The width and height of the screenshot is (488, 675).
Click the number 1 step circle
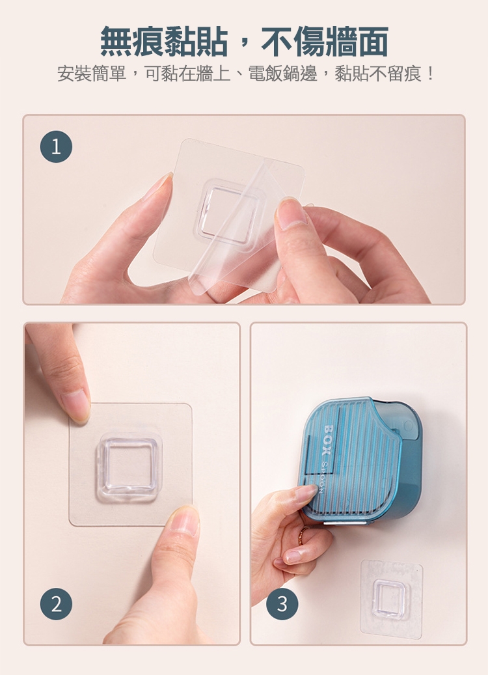tap(56, 146)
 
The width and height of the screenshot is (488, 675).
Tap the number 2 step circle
tap(56, 604)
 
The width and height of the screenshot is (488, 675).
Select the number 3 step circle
tap(282, 604)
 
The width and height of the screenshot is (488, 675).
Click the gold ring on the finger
tap(303, 535)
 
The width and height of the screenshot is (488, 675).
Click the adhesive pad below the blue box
tap(391, 599)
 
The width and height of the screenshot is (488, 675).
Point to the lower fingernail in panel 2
tap(184, 519)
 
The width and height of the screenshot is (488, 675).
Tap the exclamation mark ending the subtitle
tap(429, 74)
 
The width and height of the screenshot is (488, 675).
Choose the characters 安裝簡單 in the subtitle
tap(92, 74)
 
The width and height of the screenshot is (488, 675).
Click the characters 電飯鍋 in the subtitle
tap(275, 74)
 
